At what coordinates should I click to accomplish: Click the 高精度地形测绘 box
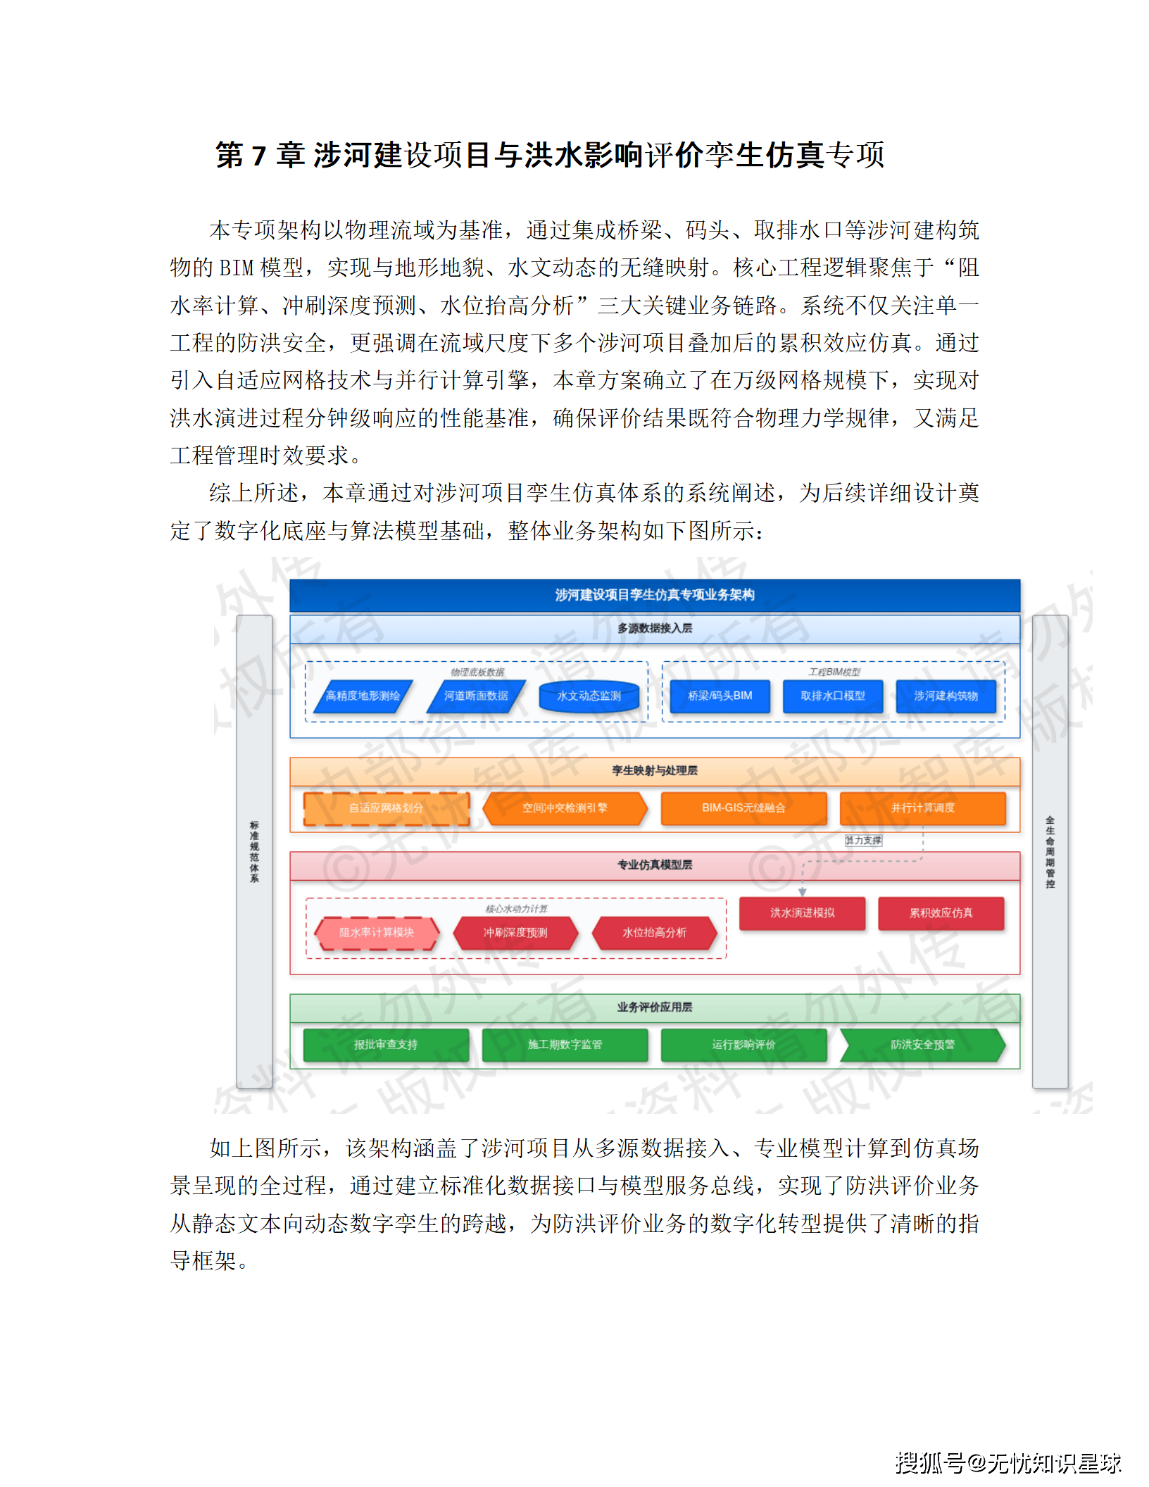click(x=363, y=696)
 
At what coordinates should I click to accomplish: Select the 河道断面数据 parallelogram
click(x=476, y=696)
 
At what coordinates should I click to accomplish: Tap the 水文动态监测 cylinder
click(x=589, y=696)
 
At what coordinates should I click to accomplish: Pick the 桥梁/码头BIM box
click(x=720, y=696)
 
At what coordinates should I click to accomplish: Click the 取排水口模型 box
click(x=833, y=696)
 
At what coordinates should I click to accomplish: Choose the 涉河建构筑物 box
click(x=946, y=696)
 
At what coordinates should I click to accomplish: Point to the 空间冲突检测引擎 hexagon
click(x=565, y=808)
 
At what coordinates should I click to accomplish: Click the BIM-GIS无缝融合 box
click(x=743, y=808)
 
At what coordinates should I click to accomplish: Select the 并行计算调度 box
click(x=922, y=808)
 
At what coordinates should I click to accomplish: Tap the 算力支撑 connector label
click(x=863, y=841)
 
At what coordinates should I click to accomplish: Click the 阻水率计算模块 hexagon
click(x=377, y=933)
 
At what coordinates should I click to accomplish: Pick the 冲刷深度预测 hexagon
click(x=515, y=933)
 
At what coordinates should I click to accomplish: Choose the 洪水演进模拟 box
click(x=802, y=913)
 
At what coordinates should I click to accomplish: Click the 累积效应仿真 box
click(x=941, y=913)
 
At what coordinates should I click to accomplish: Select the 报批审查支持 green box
click(x=386, y=1045)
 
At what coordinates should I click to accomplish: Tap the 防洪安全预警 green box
click(x=922, y=1045)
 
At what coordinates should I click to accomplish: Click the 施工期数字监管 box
click(x=565, y=1045)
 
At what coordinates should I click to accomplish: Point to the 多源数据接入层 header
click(x=655, y=629)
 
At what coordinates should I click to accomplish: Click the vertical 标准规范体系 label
click(x=254, y=851)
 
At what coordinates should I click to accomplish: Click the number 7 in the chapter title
click(x=258, y=156)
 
